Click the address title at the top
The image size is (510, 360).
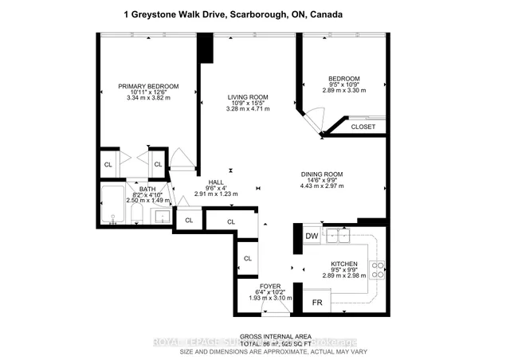255,14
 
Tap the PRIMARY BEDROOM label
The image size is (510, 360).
147,86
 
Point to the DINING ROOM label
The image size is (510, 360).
321,174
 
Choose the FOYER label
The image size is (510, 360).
270,286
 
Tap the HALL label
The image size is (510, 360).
216,182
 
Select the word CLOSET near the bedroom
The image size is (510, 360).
363,127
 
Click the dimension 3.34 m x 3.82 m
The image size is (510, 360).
147,98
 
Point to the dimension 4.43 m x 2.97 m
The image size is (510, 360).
321,186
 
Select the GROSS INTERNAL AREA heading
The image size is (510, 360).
255,336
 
